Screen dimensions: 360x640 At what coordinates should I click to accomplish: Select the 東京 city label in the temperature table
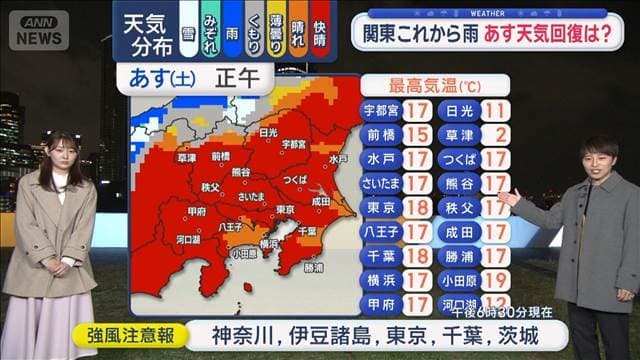380,208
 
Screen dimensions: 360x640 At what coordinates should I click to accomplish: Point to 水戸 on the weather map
337,158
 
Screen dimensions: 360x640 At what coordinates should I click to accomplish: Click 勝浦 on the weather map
313,267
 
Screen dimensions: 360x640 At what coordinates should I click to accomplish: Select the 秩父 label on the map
210,186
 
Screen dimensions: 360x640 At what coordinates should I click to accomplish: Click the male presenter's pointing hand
506,196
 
